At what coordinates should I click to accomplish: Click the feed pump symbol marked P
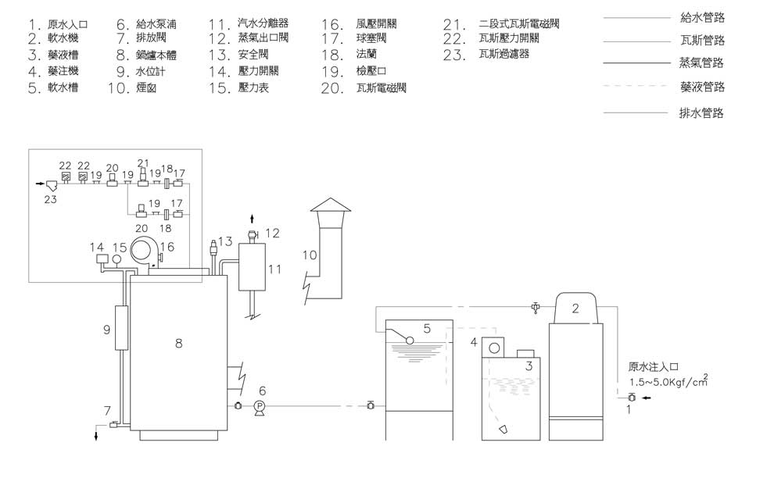[260, 405]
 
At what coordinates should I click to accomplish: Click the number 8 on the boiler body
[178, 342]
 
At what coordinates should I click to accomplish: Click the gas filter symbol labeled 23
[52, 187]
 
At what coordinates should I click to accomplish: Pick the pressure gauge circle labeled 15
[116, 259]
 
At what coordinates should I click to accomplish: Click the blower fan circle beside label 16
[143, 251]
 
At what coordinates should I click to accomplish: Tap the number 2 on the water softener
[575, 309]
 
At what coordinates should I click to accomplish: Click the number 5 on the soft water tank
[427, 329]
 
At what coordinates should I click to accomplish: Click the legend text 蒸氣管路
[701, 63]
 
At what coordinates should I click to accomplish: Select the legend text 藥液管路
[701, 87]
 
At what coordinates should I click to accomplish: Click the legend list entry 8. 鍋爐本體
[142, 55]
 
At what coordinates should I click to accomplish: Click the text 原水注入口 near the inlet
[651, 366]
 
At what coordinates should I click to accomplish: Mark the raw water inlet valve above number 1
[632, 398]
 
